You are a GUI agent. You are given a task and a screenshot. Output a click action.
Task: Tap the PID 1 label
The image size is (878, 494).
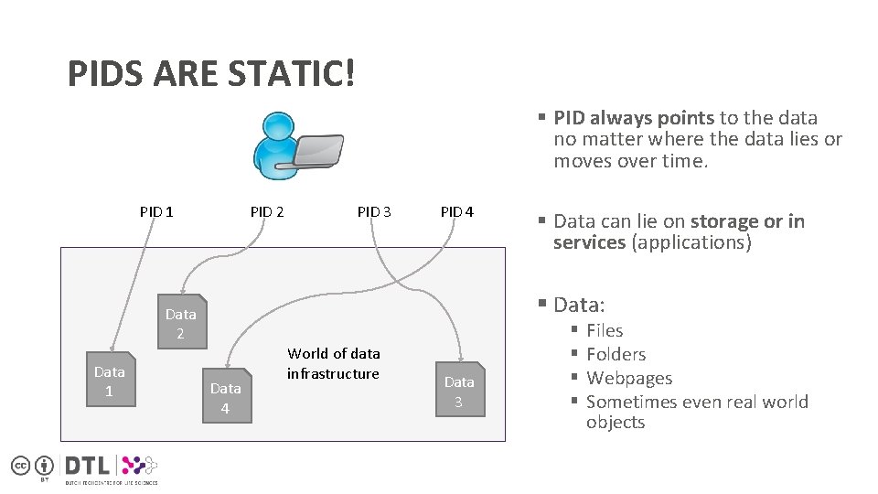tap(156, 212)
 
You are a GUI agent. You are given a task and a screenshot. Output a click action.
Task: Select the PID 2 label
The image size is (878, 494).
tap(267, 212)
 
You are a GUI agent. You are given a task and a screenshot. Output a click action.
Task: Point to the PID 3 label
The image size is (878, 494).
tap(374, 212)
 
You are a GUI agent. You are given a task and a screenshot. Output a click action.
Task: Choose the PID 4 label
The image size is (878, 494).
tap(457, 212)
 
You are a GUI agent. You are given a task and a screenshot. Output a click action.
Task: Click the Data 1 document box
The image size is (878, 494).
tap(110, 381)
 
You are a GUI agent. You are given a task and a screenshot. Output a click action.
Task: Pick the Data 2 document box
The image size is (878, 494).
tap(181, 323)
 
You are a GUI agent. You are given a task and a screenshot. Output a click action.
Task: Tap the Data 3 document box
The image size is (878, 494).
tap(459, 392)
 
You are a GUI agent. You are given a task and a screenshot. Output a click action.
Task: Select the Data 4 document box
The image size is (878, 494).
tap(226, 398)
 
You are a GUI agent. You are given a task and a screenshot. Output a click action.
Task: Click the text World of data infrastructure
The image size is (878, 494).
tap(333, 363)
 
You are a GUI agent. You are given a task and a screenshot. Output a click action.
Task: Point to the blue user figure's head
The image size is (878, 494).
tap(275, 128)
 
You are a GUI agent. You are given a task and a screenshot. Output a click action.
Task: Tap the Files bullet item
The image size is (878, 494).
tap(605, 331)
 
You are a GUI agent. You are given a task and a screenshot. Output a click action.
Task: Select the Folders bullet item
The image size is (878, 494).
tap(616, 355)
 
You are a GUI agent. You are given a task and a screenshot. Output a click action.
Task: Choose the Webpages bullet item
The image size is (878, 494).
tap(628, 379)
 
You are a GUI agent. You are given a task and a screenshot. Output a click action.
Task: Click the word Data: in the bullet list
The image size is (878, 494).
tap(579, 305)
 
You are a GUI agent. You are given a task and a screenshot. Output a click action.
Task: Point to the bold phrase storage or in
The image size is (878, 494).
tap(747, 221)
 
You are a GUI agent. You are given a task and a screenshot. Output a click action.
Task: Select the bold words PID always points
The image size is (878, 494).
tap(634, 118)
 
